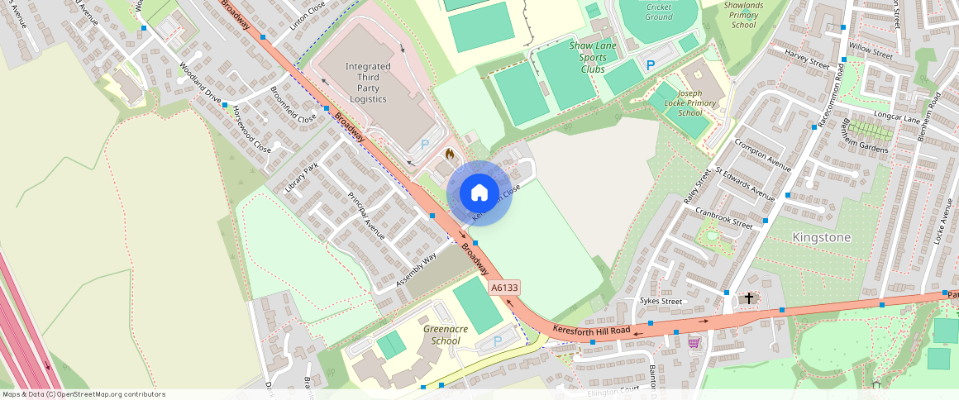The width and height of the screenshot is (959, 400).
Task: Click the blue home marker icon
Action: pos(479,193)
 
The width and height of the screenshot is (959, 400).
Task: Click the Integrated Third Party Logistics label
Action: pos(368,83)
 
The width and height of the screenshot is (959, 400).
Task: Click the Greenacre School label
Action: pos(446,335)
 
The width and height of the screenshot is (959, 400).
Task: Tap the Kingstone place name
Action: pos(821,237)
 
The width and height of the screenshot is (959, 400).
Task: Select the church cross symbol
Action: pos(749,298)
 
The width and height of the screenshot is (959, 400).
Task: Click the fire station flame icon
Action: pos(449,154)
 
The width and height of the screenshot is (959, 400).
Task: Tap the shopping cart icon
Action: pos(694,342)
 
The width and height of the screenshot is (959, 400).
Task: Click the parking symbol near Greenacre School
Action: pos(498,340)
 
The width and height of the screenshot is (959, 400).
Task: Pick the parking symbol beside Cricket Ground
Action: pos(651,64)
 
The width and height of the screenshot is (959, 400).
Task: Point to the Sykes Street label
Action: pos(661,302)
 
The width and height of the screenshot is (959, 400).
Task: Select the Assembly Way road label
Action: pos(416,270)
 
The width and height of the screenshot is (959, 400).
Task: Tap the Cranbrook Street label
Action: pos(723,217)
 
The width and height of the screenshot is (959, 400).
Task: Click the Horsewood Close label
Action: pos(251,129)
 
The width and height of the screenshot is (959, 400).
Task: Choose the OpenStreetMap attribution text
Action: pos(83,394)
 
